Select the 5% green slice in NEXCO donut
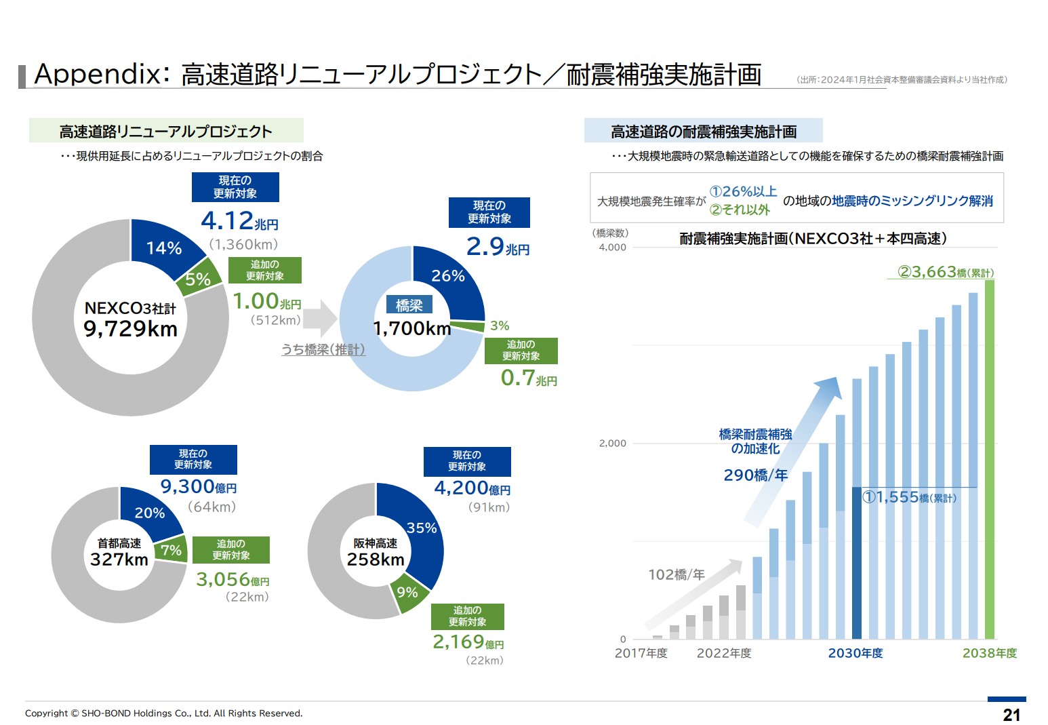(x=199, y=278)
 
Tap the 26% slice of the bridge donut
(x=447, y=276)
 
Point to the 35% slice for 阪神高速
(x=421, y=528)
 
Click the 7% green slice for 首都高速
(x=171, y=550)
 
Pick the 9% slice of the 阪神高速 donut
(x=407, y=592)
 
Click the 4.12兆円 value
(x=239, y=221)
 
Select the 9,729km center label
(x=130, y=329)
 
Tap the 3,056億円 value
(x=232, y=579)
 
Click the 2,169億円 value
(x=468, y=642)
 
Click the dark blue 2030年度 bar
(x=856, y=563)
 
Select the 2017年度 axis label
(x=641, y=653)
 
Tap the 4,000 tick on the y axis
(x=612, y=248)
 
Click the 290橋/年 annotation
(x=755, y=475)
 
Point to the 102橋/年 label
(x=676, y=575)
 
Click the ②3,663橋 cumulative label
(x=945, y=273)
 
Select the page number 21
(x=1011, y=714)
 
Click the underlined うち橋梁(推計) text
(x=323, y=349)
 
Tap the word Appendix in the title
(x=97, y=74)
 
